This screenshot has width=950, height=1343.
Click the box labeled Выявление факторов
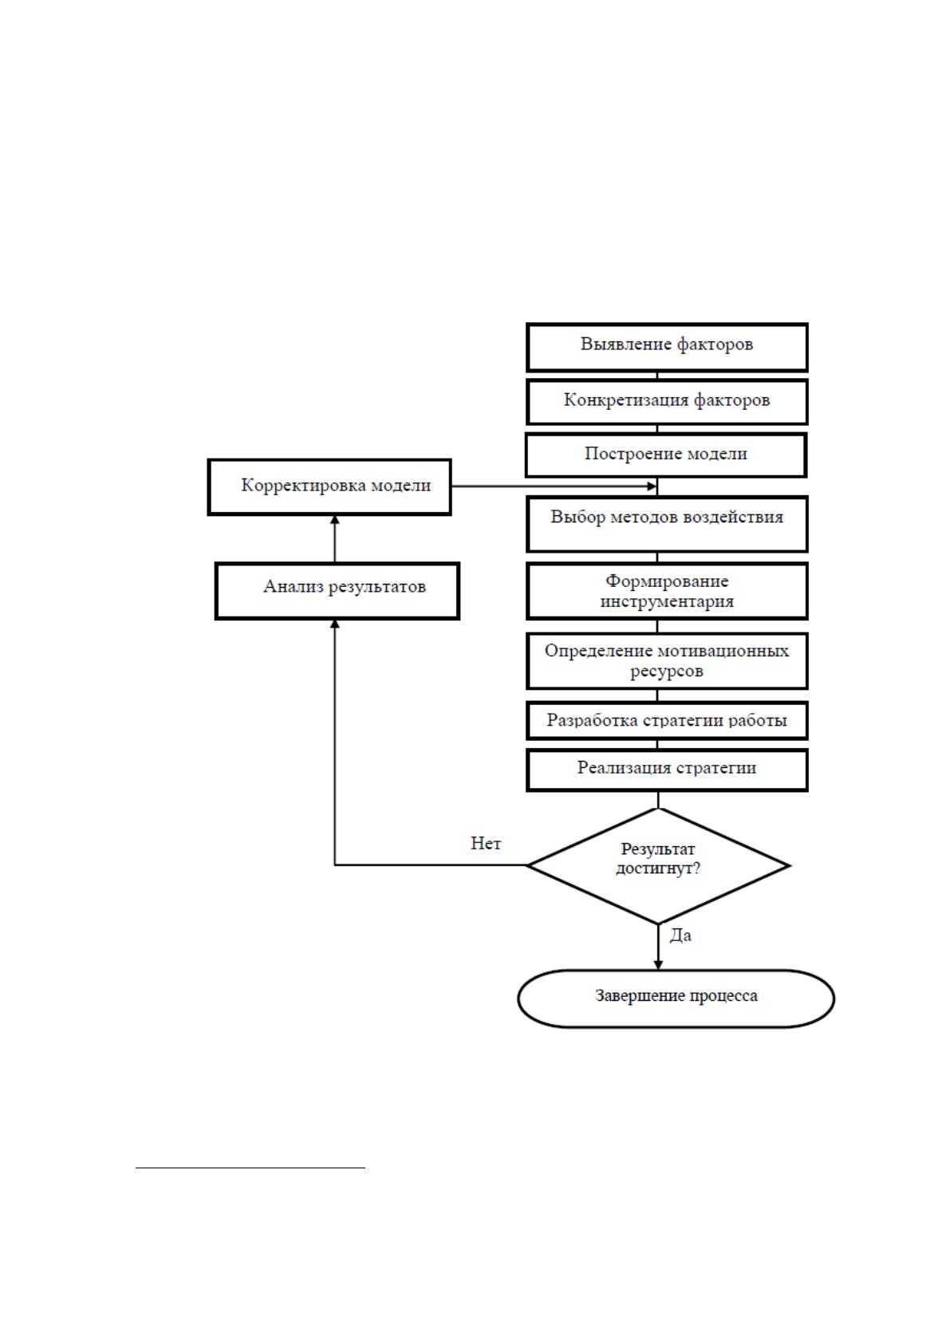click(x=667, y=347)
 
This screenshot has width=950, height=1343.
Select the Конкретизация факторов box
click(x=667, y=401)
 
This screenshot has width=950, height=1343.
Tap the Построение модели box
click(x=666, y=455)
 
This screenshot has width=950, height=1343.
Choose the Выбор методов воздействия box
click(x=667, y=523)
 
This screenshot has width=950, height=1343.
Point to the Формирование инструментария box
click(x=667, y=591)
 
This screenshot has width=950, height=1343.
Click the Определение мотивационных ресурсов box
click(x=667, y=660)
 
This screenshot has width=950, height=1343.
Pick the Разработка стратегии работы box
click(x=667, y=721)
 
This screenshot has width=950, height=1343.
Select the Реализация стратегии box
click(x=667, y=770)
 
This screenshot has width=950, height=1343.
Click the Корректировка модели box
click(x=329, y=486)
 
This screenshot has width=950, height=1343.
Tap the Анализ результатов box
click(x=337, y=591)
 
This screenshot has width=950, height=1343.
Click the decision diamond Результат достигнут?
click(x=658, y=866)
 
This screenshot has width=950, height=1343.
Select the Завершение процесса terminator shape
click(x=676, y=998)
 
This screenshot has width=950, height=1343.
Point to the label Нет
click(x=486, y=844)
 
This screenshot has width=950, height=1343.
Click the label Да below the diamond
click(x=680, y=935)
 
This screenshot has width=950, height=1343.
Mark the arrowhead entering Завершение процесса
click(x=658, y=965)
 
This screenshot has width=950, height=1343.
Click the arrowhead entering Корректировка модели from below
click(x=335, y=520)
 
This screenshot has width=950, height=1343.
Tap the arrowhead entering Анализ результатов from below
click(x=335, y=624)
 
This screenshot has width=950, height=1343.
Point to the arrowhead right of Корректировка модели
click(x=652, y=486)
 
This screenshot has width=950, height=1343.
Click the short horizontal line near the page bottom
click(x=250, y=1168)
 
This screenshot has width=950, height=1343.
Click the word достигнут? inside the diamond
click(x=658, y=868)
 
